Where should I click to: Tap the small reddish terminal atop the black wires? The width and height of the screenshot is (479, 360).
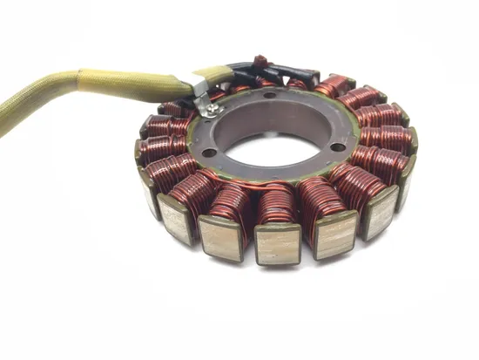tap(258, 61)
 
